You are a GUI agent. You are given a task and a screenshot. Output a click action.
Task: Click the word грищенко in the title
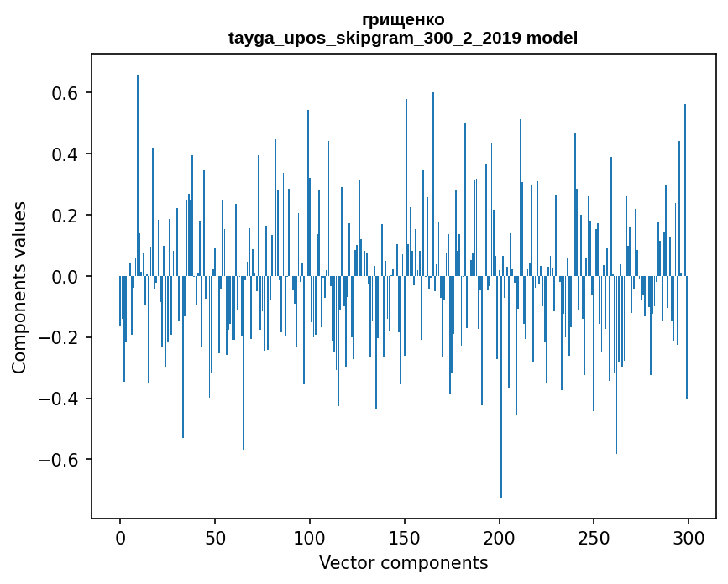[x=403, y=19]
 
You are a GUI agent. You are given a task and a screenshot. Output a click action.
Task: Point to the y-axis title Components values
[x=19, y=287]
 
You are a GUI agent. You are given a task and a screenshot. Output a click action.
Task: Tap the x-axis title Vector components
[x=403, y=562]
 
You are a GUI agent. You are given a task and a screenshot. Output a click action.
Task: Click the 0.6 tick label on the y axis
[x=65, y=93]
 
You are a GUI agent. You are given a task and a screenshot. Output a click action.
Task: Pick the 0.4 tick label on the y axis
[x=65, y=154]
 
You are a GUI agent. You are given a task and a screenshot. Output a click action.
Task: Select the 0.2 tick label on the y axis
[x=65, y=216]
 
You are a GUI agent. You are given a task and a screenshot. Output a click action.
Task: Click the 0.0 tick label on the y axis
[x=65, y=277]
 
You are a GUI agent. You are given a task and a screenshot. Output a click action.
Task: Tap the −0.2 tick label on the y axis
[x=58, y=338]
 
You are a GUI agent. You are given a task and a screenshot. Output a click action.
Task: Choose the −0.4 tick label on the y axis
[x=58, y=399]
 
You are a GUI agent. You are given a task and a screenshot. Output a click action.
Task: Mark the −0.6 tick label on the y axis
[x=58, y=460]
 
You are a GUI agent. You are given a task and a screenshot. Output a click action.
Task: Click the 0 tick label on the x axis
[x=120, y=536]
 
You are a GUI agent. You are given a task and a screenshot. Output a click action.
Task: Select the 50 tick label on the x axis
[x=215, y=536]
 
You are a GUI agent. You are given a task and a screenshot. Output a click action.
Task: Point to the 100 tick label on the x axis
[x=310, y=536]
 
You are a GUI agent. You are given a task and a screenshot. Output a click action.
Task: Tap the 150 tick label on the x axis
[x=405, y=536]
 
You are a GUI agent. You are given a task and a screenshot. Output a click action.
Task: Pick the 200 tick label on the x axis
[x=500, y=536]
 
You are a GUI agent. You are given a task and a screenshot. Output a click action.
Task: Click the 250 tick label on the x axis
[x=594, y=536]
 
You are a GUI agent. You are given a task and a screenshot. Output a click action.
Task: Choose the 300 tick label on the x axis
[x=689, y=536]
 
